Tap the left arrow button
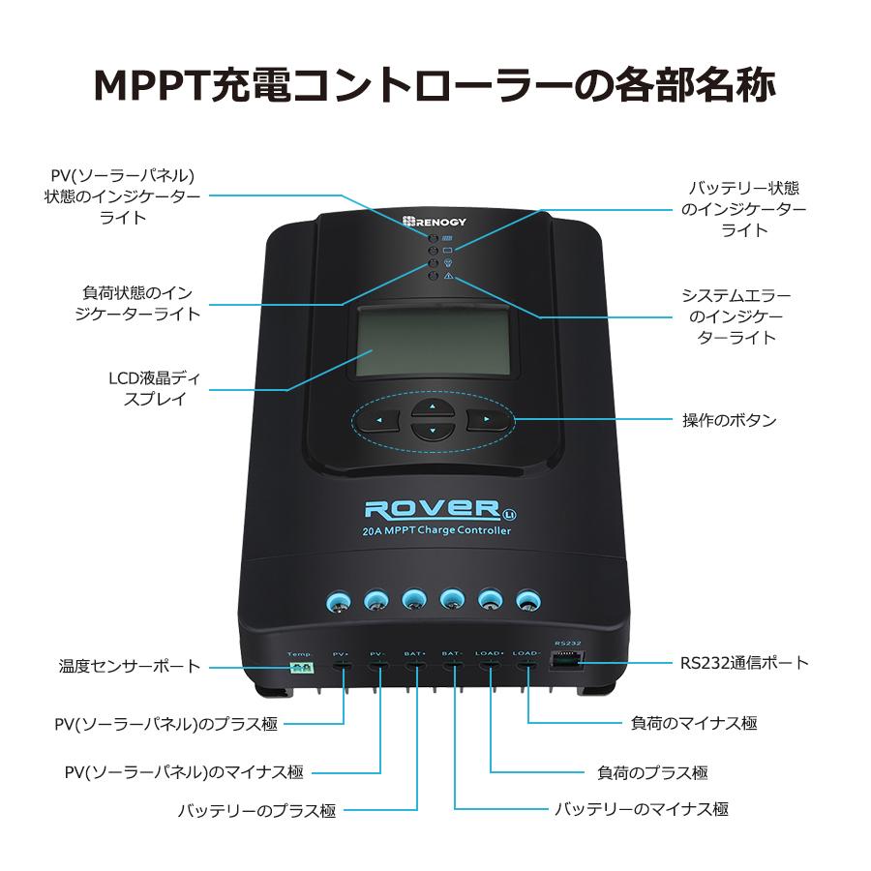(379, 420)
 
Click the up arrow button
(433, 406)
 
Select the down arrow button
(433, 431)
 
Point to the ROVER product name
(431, 507)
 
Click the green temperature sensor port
(300, 667)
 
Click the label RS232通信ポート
(743, 664)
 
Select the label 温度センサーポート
(130, 667)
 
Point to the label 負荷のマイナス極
(694, 723)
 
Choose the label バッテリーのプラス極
(256, 810)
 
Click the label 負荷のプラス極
(651, 772)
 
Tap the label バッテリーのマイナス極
(641, 809)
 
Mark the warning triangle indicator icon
(449, 277)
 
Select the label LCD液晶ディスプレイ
(155, 388)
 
